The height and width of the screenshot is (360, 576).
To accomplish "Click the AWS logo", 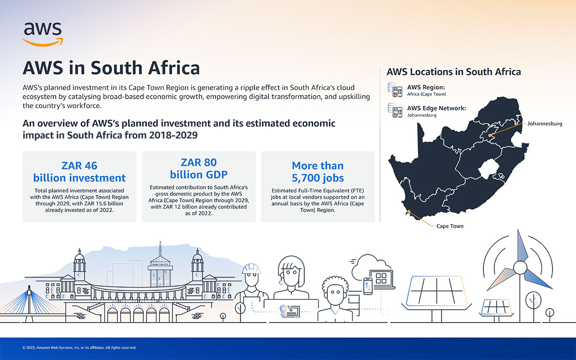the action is coord(43,34).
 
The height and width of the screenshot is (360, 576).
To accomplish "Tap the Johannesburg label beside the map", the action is coord(545,124).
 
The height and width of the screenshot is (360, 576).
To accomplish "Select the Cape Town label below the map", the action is coord(450,226).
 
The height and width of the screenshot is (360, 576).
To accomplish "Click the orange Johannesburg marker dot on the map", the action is coord(490,135).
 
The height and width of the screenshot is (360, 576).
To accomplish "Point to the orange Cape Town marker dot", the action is coord(408,211).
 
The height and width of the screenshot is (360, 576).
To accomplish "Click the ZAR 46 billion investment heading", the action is coord(79,171).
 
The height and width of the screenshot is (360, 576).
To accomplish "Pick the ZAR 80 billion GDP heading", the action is coord(199,168).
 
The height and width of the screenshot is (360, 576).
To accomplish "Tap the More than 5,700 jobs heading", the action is coord(318,171).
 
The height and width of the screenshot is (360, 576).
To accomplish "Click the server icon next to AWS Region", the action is coord(395,90).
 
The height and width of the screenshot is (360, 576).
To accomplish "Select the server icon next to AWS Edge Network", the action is coord(395,110).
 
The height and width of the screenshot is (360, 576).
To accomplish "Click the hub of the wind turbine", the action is coord(520,268).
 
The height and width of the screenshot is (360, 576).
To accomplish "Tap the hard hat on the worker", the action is coord(251,269).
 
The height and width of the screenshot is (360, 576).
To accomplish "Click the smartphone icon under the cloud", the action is coord(368,286).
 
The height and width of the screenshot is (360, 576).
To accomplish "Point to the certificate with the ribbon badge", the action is coord(289,311).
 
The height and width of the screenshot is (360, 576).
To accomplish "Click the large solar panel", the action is coord(436,291).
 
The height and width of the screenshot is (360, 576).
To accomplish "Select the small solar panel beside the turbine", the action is coord(496,307).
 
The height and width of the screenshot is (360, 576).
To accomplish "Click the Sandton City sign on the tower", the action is coord(160,264).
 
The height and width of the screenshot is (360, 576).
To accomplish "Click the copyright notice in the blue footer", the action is coord(79,348).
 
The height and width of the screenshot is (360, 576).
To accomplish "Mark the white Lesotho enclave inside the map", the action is coord(488,168).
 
